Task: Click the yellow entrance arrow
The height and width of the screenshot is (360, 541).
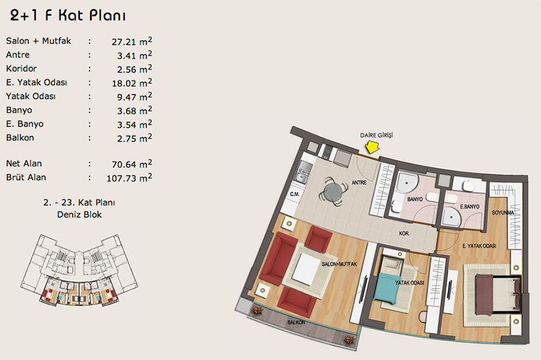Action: coord(373,148)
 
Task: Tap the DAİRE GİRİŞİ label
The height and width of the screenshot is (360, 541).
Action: coord(377,135)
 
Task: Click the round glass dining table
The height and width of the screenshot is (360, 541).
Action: coord(333,191)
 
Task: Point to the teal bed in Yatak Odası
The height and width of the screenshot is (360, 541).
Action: coord(387,288)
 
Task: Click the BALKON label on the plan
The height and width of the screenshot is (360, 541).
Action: coord(296,322)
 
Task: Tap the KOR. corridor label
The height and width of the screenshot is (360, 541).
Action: coord(404,233)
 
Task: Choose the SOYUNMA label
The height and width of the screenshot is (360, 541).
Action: coord(503,212)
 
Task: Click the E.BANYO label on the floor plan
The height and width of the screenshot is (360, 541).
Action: coord(470,207)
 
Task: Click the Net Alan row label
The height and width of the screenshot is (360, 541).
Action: coord(24,164)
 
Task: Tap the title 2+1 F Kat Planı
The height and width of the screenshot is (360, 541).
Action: coord(68,16)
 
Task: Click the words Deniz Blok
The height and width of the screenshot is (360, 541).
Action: coord(79,215)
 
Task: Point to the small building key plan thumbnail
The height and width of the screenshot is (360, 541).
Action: coord(79,270)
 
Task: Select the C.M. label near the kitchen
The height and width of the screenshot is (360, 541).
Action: coord(294,194)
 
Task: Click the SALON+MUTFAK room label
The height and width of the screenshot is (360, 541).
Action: coord(339,265)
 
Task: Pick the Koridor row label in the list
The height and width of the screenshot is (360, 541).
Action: coord(22,69)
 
